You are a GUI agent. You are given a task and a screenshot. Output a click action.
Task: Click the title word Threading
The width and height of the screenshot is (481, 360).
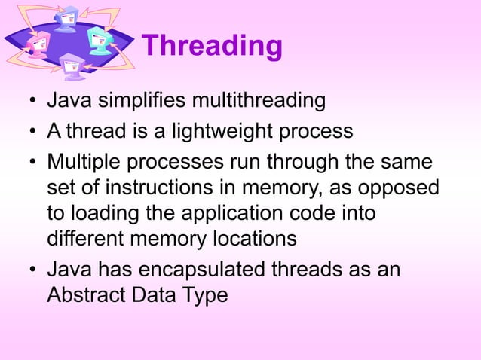(x=212, y=46)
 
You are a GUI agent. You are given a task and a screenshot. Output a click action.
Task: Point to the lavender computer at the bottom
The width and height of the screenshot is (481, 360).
(x=73, y=66)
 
